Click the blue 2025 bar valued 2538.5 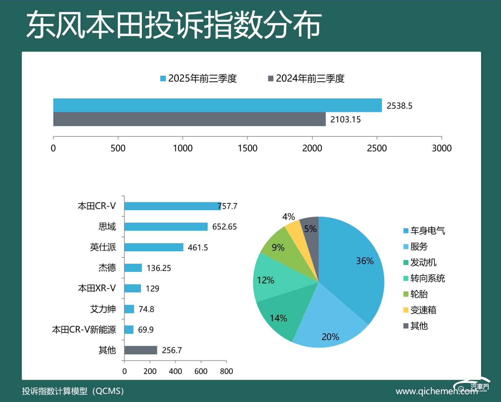coord(217,105)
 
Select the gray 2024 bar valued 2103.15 coord(189,119)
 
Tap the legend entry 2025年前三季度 coord(199,79)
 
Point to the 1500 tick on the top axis coord(247,148)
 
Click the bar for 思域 coord(166,226)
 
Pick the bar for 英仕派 coord(153,247)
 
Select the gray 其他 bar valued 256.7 coord(141,350)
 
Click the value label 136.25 coord(159,268)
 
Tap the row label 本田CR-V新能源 coord(84,330)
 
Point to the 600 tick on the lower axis coord(201,371)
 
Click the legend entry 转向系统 coord(424,278)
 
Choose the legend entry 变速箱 coord(420,310)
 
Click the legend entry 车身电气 coord(424,231)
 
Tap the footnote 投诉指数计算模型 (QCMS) coord(73,391)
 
